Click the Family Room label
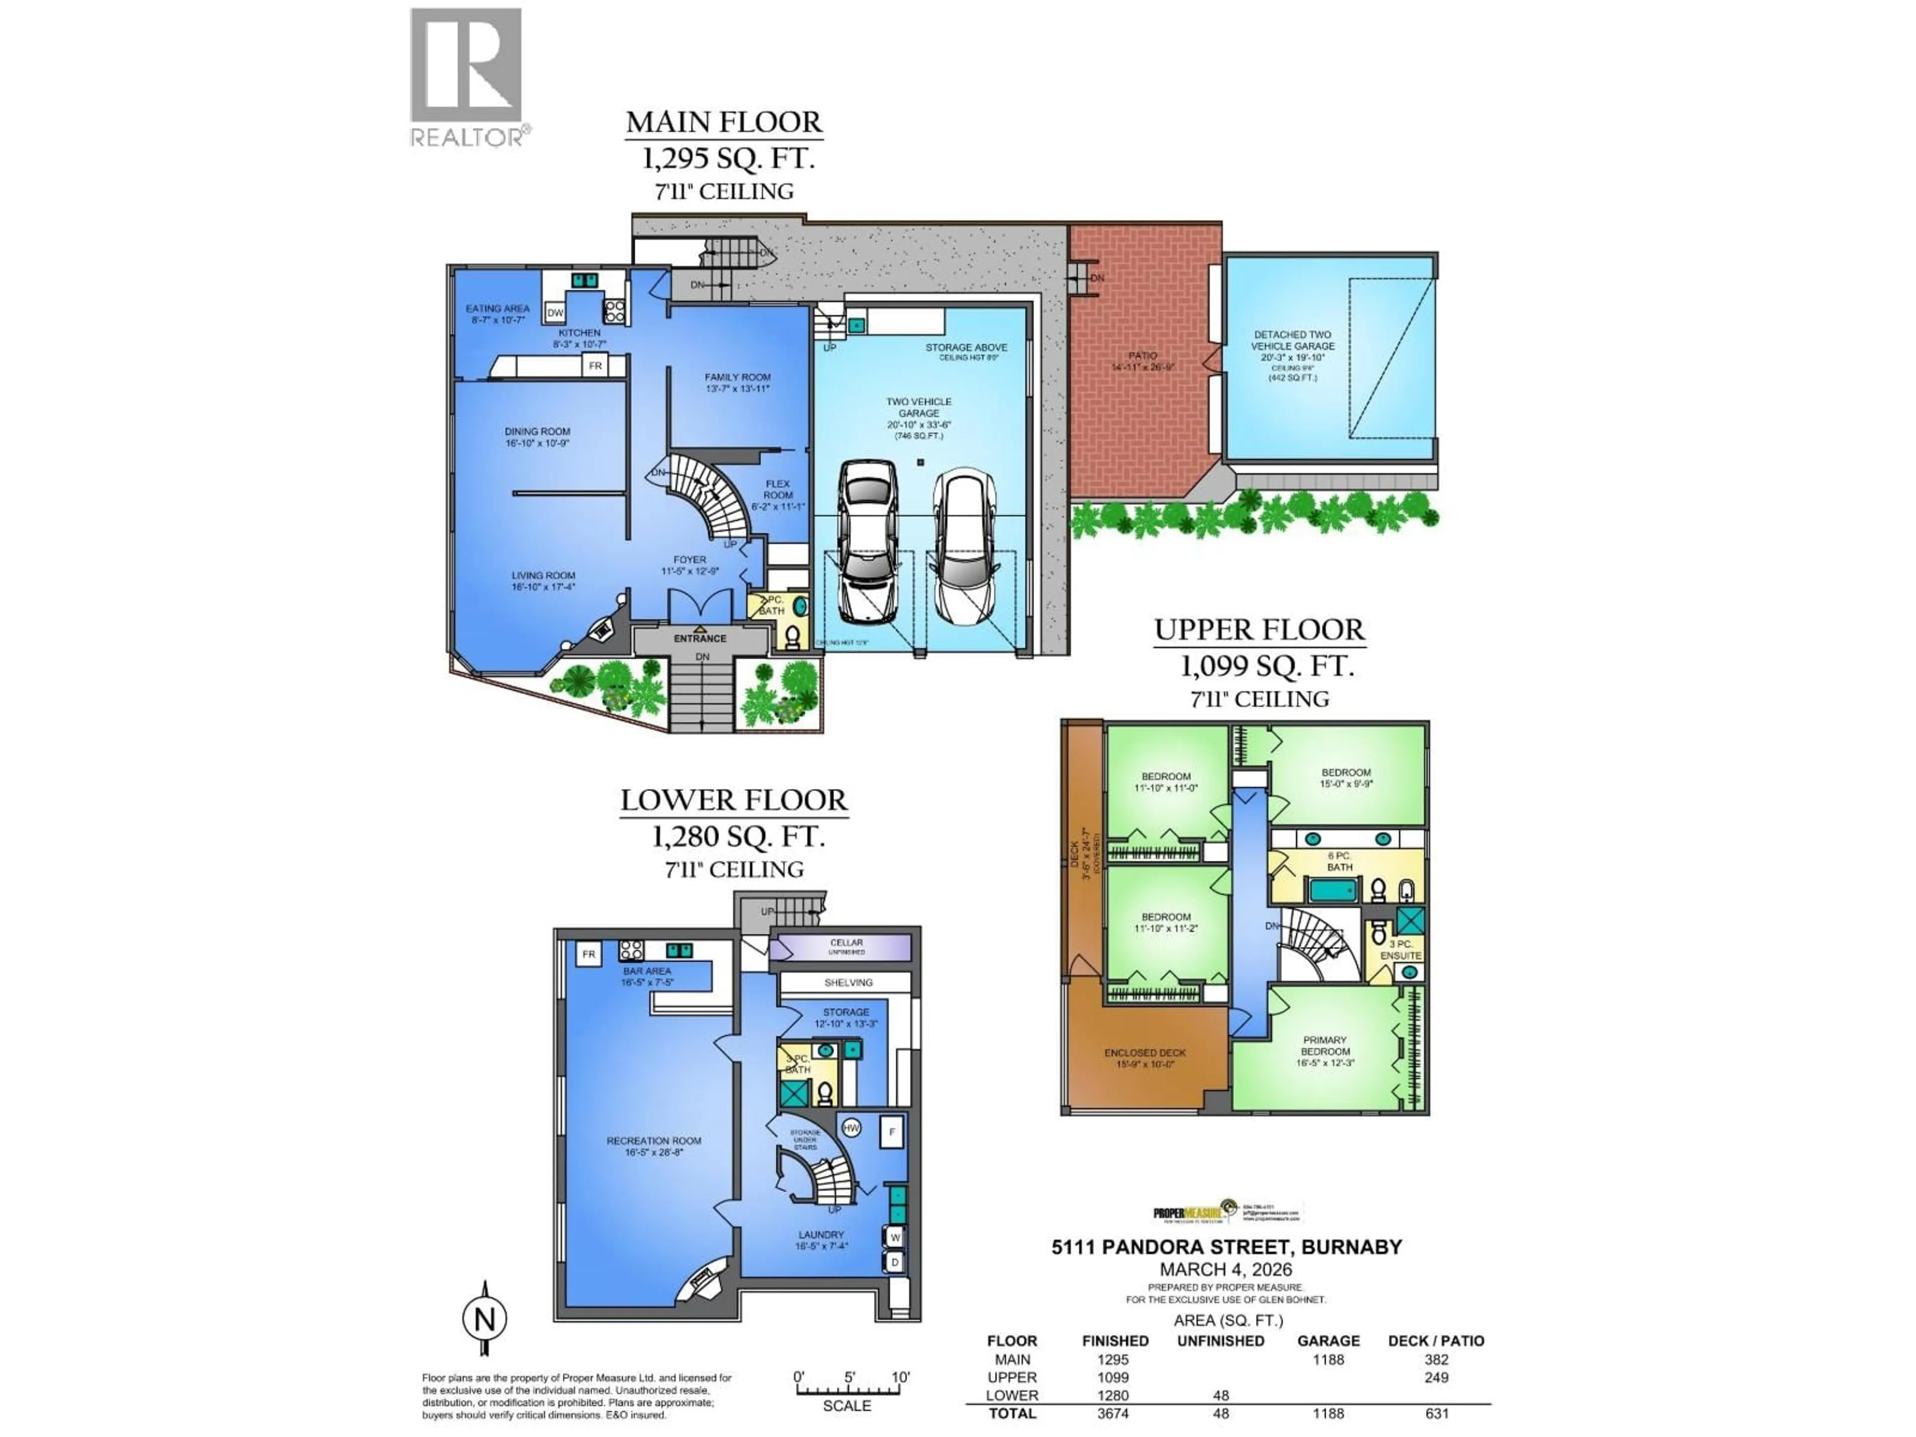(x=737, y=383)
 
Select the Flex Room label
(x=777, y=494)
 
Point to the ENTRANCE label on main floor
(x=700, y=638)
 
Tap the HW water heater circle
(x=851, y=1128)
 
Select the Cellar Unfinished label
(x=846, y=947)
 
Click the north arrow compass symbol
(x=484, y=1319)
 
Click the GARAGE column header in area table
(x=1328, y=1341)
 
